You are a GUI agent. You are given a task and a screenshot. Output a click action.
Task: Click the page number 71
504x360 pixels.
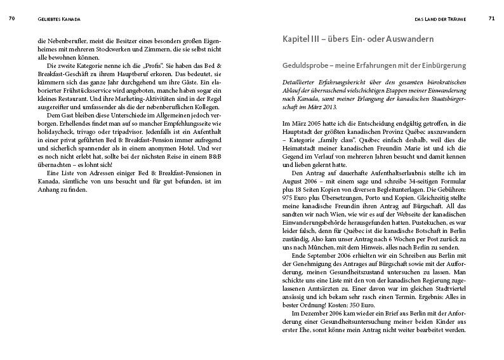[x=491, y=20]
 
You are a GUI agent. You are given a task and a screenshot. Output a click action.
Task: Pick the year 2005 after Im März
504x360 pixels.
[x=312, y=120]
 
